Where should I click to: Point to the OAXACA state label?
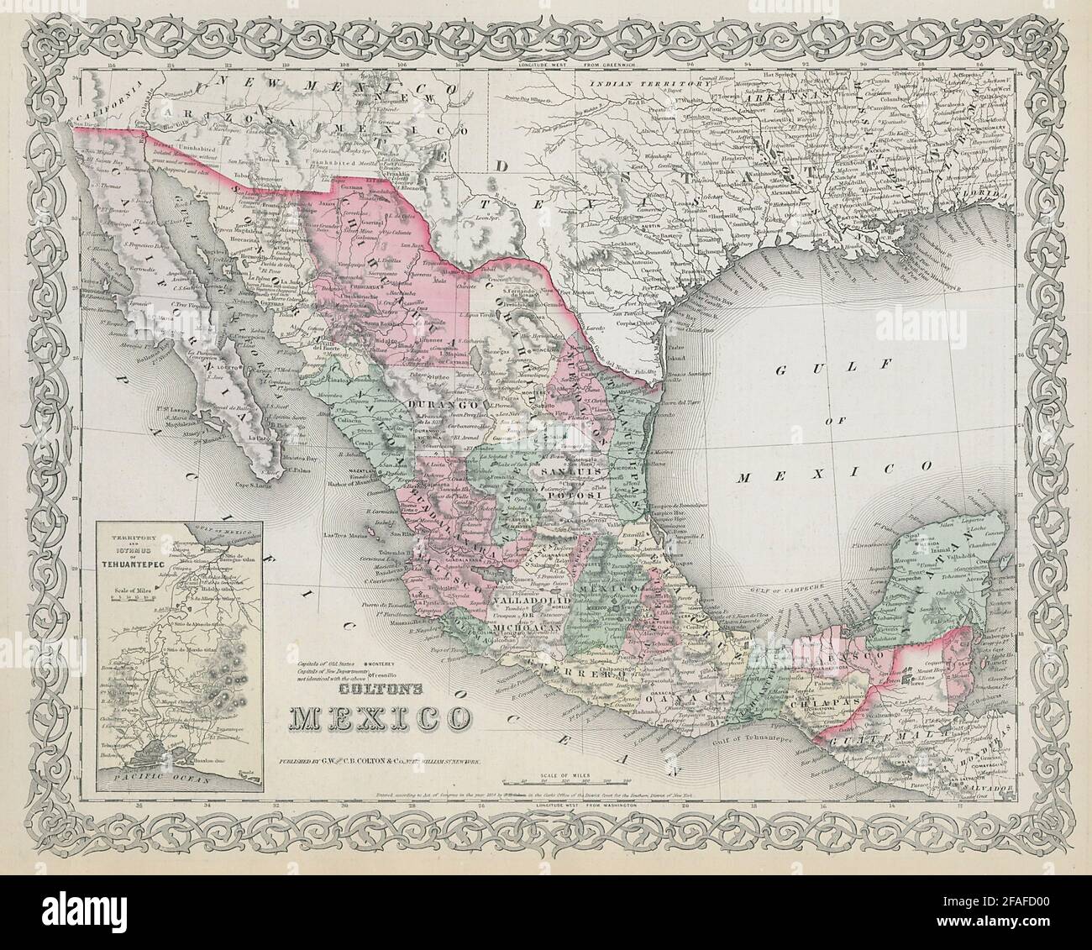(x=707, y=696)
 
